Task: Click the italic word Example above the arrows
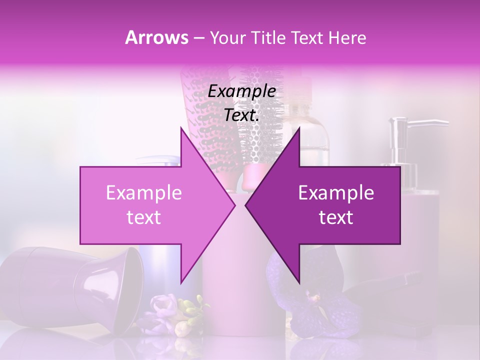click(241, 91)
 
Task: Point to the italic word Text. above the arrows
click(241, 115)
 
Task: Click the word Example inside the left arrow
click(144, 192)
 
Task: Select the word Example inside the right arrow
click(336, 192)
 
